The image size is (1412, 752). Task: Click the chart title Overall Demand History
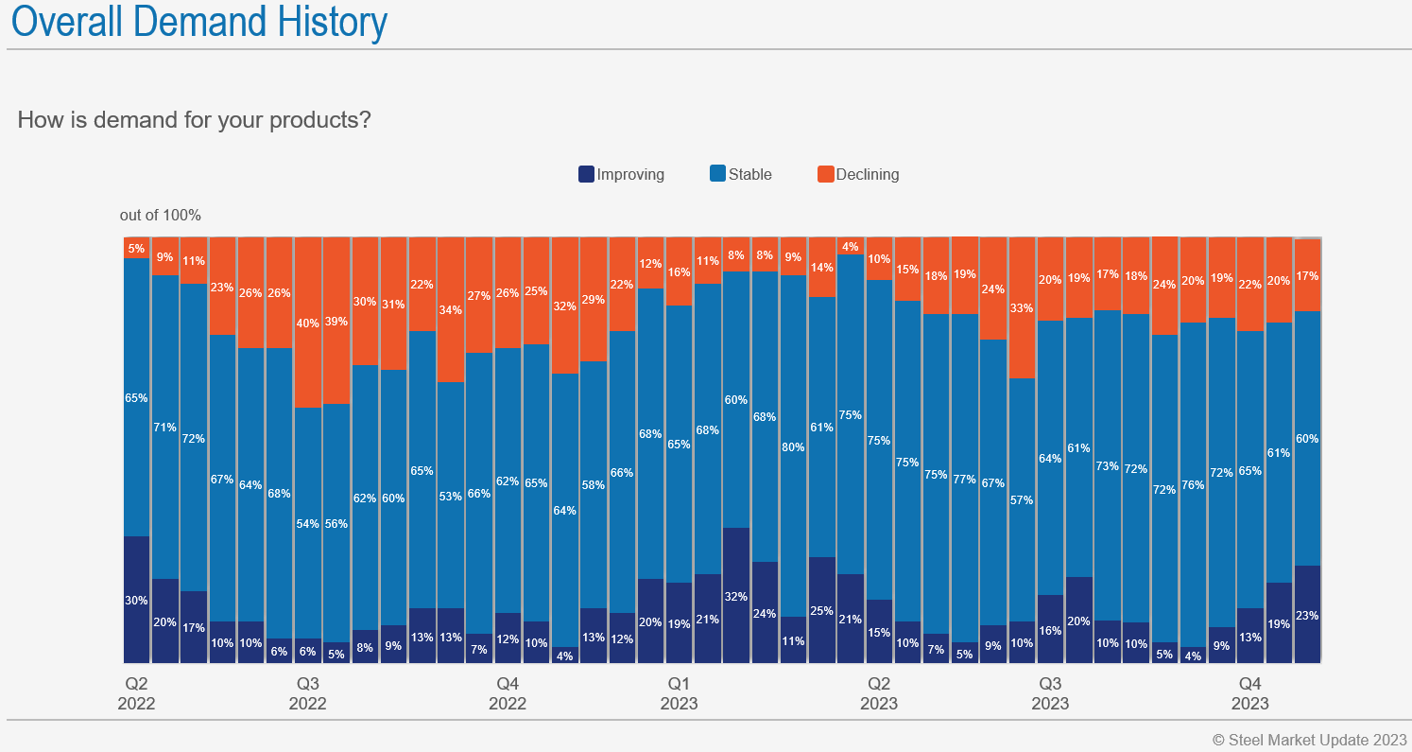click(x=198, y=21)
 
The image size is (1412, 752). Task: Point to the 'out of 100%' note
click(x=161, y=216)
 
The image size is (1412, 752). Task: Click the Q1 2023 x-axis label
click(x=679, y=693)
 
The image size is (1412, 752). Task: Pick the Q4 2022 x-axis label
click(x=508, y=693)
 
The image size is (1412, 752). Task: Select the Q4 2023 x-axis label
click(x=1249, y=693)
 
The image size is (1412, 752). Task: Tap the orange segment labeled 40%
click(x=308, y=323)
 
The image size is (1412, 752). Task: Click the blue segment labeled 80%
click(x=794, y=446)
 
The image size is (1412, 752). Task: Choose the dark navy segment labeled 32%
click(x=736, y=596)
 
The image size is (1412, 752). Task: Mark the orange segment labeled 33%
click(x=1022, y=307)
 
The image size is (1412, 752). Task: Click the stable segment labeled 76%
click(x=1193, y=484)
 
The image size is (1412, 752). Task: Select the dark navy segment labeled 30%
click(x=137, y=600)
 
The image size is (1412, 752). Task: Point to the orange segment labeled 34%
click(x=451, y=309)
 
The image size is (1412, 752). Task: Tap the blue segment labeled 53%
click(x=451, y=495)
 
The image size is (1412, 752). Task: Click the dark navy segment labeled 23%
click(x=1307, y=615)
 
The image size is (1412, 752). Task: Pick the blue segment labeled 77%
click(x=965, y=479)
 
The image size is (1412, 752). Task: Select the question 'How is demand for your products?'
click(x=194, y=120)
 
